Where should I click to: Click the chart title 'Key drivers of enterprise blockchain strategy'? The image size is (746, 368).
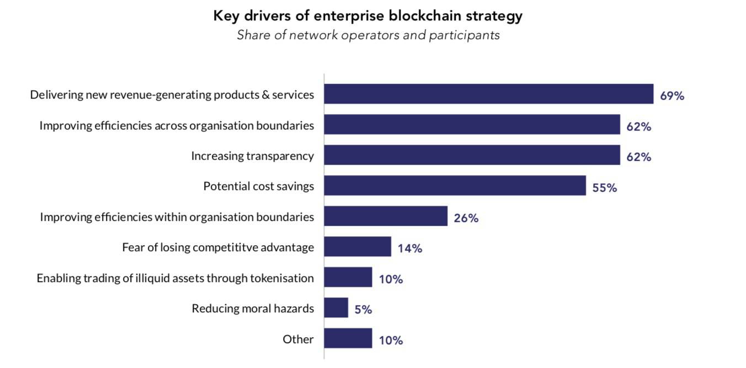(x=367, y=16)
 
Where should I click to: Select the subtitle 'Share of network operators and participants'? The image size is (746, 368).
(x=368, y=35)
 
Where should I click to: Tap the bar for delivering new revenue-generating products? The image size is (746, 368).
(x=488, y=94)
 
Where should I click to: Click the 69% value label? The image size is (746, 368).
(x=672, y=96)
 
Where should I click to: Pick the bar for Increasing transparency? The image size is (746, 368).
(x=472, y=155)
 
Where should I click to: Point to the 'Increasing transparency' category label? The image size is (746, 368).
(x=252, y=156)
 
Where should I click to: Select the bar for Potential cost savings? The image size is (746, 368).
(x=455, y=186)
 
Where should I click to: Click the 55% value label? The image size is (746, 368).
(x=604, y=188)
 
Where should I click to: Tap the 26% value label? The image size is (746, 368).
(x=466, y=218)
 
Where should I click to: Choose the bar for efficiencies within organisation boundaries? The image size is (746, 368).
(x=385, y=217)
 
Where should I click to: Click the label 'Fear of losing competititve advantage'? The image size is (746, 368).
(x=218, y=247)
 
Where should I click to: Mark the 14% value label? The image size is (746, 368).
(x=410, y=248)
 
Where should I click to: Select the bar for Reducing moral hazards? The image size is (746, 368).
(x=335, y=308)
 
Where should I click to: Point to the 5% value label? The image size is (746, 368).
(x=363, y=310)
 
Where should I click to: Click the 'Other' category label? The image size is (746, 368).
(x=298, y=339)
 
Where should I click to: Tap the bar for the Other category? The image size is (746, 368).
(x=348, y=338)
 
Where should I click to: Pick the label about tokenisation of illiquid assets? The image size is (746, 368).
(x=175, y=278)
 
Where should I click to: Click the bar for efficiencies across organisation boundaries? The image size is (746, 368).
(x=472, y=125)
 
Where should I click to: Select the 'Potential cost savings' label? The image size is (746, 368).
(x=258, y=186)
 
